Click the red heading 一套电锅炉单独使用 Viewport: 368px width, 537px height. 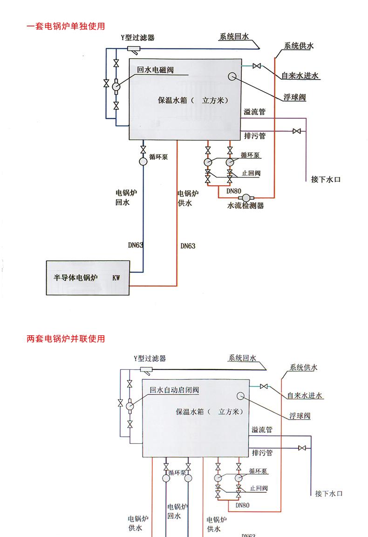(x=66, y=26)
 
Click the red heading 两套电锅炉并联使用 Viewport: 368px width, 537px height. (x=66, y=339)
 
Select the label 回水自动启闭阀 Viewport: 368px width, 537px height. (x=174, y=390)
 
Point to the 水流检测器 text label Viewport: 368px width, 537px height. (x=245, y=205)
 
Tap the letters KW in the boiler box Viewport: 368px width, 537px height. (x=116, y=278)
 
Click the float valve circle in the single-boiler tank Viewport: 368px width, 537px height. (x=232, y=77)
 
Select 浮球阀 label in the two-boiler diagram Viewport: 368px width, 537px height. (x=300, y=416)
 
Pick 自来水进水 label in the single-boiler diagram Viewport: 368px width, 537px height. (x=300, y=76)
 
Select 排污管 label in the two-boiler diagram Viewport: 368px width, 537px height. (x=262, y=453)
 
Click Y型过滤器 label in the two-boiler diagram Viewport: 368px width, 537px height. (x=150, y=359)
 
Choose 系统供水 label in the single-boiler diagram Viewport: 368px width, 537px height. (x=299, y=46)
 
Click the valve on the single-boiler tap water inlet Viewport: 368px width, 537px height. (x=256, y=66)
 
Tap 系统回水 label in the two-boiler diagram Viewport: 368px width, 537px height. (x=242, y=359)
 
